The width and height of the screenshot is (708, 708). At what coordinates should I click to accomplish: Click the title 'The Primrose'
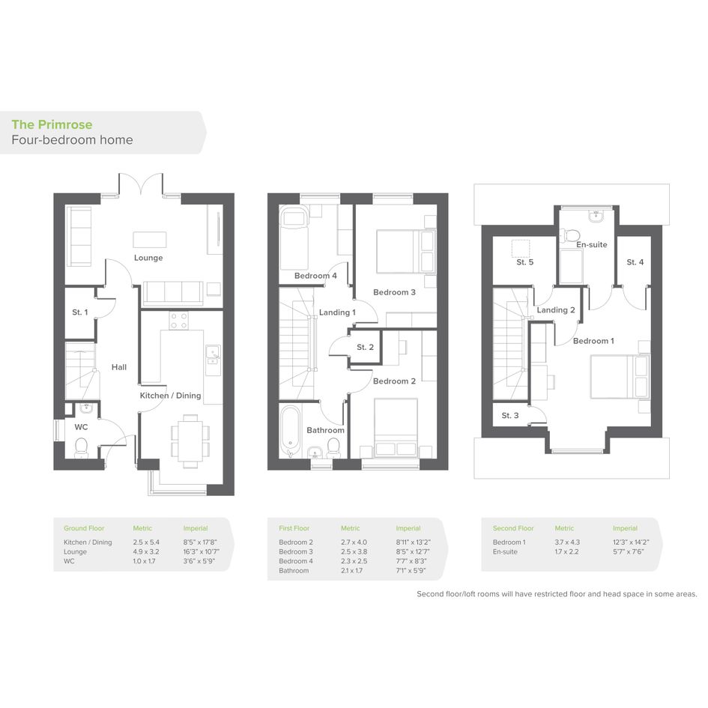(52, 124)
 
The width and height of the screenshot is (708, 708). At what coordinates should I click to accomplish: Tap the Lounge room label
(148, 258)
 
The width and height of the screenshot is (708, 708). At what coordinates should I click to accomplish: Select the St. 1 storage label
(80, 312)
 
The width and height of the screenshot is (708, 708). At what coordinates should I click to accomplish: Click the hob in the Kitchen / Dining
(179, 320)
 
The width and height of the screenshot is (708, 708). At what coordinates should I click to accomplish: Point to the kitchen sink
(212, 354)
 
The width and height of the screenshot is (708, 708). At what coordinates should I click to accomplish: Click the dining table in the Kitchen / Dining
(190, 441)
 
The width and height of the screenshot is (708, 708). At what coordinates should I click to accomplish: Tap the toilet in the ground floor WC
(81, 447)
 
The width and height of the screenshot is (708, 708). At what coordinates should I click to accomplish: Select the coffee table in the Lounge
(149, 239)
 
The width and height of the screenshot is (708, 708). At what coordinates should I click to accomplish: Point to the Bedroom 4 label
(315, 276)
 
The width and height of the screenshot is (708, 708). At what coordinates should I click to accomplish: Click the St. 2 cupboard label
(365, 347)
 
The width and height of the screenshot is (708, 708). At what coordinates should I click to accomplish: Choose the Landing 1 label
(337, 312)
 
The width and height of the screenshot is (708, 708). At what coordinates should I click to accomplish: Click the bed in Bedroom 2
(396, 427)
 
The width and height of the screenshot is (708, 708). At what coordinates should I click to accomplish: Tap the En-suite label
(592, 245)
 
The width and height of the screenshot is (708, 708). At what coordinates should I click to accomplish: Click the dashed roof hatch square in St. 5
(520, 249)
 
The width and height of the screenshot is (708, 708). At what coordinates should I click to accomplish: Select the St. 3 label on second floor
(510, 415)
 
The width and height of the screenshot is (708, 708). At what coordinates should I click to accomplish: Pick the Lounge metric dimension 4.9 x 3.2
(146, 551)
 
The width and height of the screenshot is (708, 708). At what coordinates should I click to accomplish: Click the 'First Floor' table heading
(294, 528)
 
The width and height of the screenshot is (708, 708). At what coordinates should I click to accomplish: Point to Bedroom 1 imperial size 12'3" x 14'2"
(631, 542)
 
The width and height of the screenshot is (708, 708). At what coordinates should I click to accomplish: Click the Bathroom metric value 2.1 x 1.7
(351, 571)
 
